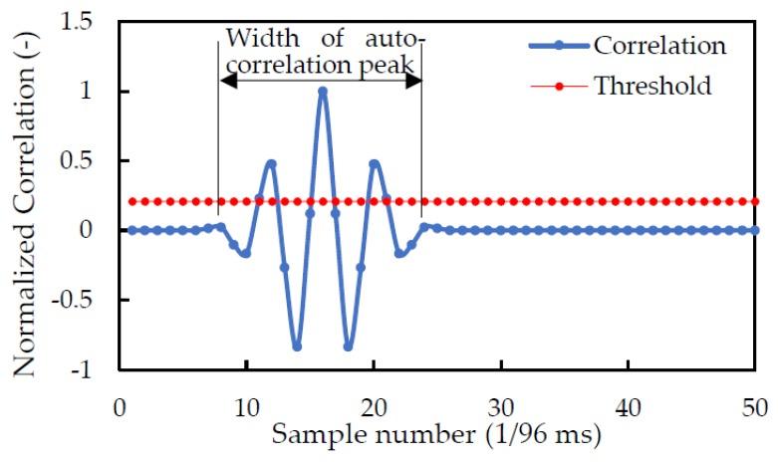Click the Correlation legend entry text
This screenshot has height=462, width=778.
pyautogui.click(x=658, y=46)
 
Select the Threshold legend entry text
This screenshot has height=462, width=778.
pyautogui.click(x=652, y=86)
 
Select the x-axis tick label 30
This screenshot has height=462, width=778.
pyautogui.click(x=500, y=408)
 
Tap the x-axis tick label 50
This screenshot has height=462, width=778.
pyautogui.click(x=754, y=408)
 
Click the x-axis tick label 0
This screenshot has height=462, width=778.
pyautogui.click(x=120, y=408)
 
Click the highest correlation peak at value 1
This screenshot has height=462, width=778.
pyautogui.click(x=322, y=92)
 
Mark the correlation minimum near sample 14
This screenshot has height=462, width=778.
pyautogui.click(x=297, y=346)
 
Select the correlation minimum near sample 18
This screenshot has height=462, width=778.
pyautogui.click(x=348, y=346)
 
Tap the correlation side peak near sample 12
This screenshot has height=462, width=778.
pyautogui.click(x=271, y=163)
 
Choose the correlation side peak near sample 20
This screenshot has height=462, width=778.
pyautogui.click(x=374, y=163)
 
